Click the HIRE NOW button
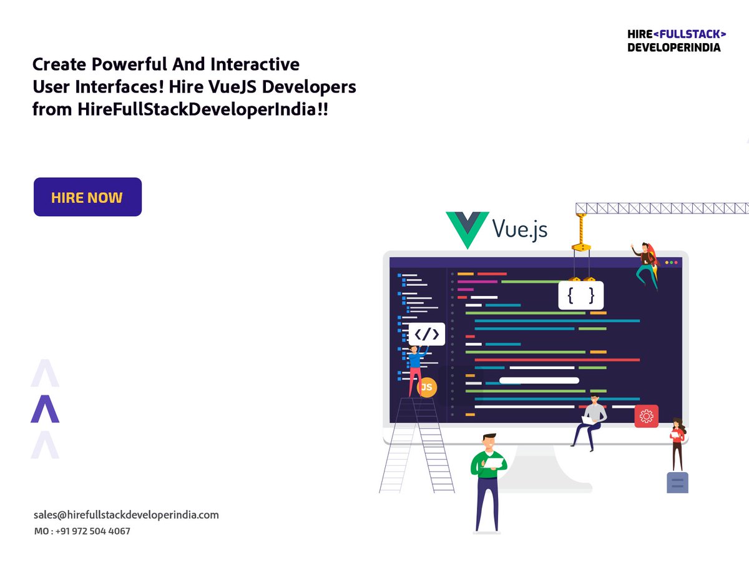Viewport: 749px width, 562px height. (x=87, y=197)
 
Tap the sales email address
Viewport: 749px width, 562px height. (x=126, y=515)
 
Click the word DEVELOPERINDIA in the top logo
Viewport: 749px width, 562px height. (x=674, y=47)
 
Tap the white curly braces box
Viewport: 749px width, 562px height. (x=580, y=295)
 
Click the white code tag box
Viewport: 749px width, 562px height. (x=427, y=334)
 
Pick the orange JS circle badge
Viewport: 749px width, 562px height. (x=427, y=387)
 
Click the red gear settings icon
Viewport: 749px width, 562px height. (x=646, y=415)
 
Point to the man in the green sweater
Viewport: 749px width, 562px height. (x=487, y=478)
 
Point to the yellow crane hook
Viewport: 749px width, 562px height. (x=581, y=234)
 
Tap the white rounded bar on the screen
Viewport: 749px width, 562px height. (x=539, y=380)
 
